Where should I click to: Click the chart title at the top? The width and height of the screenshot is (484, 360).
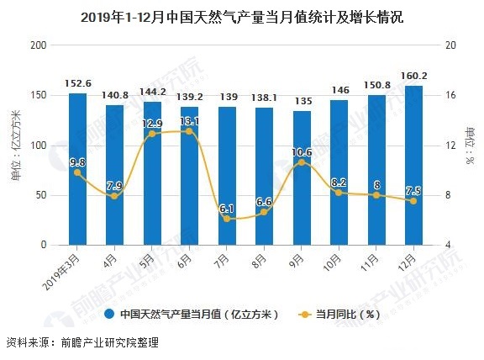[242, 16]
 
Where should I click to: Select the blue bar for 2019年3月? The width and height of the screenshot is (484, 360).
[77, 168]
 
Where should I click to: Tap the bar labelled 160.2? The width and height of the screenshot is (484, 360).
[413, 165]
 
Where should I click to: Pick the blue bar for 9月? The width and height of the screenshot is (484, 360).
[302, 177]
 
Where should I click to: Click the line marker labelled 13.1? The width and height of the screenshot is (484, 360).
[189, 131]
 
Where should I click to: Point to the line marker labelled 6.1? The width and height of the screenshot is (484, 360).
[227, 219]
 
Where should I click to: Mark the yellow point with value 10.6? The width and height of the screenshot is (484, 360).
[302, 162]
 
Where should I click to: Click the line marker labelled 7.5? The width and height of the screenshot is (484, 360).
[413, 200]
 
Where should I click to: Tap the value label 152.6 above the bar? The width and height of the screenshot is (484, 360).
[77, 84]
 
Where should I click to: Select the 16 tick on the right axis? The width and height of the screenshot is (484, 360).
[450, 95]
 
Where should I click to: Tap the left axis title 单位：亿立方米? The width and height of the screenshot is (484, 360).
[15, 145]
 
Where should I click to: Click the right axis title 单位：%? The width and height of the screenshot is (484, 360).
[471, 145]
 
